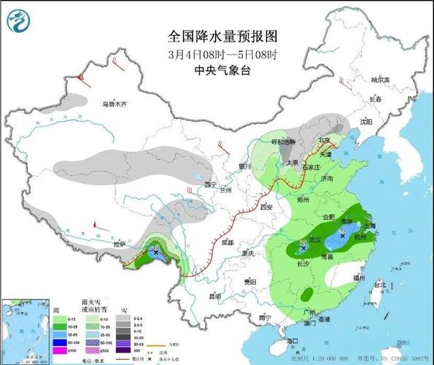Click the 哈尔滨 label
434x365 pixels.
click(x=380, y=80)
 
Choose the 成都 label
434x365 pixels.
click(x=228, y=241)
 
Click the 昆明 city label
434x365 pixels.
click(x=214, y=296)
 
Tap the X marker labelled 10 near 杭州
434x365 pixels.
click(x=343, y=236)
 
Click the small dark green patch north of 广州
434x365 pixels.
click(x=307, y=294)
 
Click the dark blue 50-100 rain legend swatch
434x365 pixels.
click(x=53, y=341)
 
